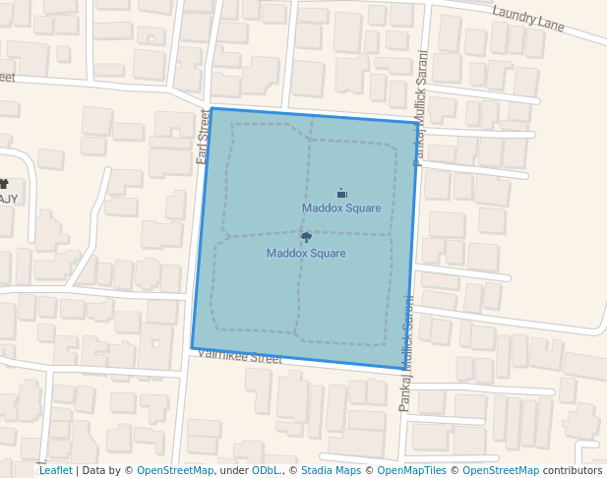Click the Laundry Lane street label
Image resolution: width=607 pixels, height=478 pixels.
pyautogui.click(x=528, y=19)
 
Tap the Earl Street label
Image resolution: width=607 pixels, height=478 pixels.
pyautogui.click(x=204, y=136)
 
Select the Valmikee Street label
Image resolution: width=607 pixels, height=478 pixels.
pyautogui.click(x=239, y=357)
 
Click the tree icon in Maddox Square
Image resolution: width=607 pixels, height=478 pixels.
pyautogui.click(x=306, y=237)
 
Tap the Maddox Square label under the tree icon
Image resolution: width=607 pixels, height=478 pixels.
pyautogui.click(x=306, y=253)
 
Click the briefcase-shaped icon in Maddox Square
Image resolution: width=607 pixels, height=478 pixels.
pyautogui.click(x=341, y=193)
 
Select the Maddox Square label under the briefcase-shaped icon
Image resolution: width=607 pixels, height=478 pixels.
pyautogui.click(x=341, y=208)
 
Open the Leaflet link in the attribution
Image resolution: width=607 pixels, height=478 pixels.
pyautogui.click(x=55, y=470)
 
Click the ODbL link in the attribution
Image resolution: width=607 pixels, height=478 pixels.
pyautogui.click(x=265, y=470)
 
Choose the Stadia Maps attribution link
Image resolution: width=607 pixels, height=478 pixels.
pyautogui.click(x=331, y=470)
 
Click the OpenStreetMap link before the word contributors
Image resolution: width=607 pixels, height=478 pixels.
pyautogui.click(x=501, y=470)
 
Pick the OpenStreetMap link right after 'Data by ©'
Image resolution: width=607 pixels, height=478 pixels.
pyautogui.click(x=175, y=470)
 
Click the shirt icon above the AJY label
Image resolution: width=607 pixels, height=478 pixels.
pyautogui.click(x=3, y=184)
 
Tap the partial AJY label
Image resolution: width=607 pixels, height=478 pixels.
pyautogui.click(x=8, y=198)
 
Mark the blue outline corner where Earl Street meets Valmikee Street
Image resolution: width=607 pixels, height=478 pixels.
pyautogui.click(x=192, y=347)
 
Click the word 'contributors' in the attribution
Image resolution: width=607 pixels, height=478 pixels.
pyautogui.click(x=572, y=470)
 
